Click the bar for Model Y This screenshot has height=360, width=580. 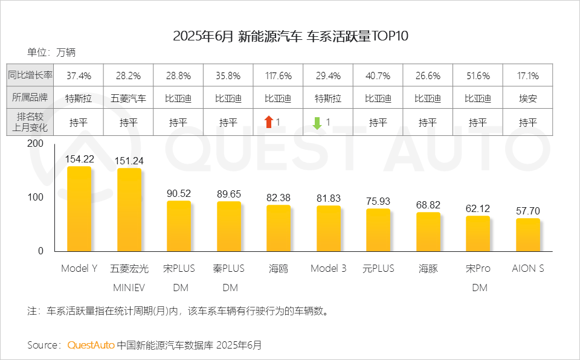click(79, 208)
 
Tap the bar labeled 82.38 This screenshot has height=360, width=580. click(279, 228)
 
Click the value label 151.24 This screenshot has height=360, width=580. click(129, 161)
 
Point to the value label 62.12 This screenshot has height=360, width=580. click(477, 208)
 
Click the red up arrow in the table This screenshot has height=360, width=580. click(269, 123)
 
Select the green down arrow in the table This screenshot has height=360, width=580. click(317, 123)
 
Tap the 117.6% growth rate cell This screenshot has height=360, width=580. click(279, 76)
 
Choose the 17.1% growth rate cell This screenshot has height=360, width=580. click(527, 76)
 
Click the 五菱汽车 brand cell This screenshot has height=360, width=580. click(129, 98)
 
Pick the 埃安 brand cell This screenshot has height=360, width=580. click(527, 98)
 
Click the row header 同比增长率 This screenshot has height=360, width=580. click(30, 76)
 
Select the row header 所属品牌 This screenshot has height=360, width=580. click(30, 98)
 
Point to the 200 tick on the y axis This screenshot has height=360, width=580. click(36, 144)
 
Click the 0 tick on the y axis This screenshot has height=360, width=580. click(40, 251)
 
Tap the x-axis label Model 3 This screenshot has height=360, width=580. click(328, 268)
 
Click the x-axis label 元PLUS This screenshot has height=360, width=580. click(378, 268)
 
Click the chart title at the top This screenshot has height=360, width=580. click(291, 36)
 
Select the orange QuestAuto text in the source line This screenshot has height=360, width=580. click(91, 345)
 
